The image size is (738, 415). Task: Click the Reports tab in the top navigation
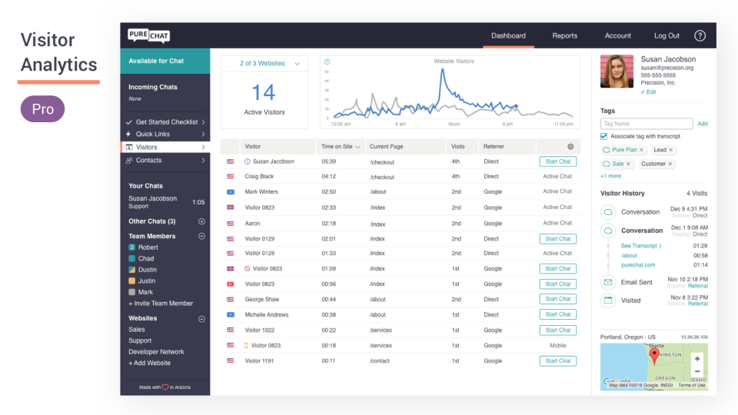point(564,35)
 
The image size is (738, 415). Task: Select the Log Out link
point(667,35)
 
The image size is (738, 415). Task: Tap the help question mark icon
point(700,35)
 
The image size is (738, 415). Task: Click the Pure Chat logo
point(148,35)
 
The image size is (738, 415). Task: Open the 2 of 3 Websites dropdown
point(264,64)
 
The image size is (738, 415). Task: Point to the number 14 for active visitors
point(264,93)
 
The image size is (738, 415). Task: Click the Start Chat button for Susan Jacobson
point(557,161)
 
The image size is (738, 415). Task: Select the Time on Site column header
point(340,147)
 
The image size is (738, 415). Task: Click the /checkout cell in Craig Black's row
point(382,177)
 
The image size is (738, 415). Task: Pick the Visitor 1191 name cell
point(259,360)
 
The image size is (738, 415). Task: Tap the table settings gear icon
point(570,147)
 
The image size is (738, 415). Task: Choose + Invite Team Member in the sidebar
point(161,304)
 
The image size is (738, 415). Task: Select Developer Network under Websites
point(156,352)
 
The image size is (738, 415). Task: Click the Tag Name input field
point(647,124)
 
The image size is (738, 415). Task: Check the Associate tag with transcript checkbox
point(604,137)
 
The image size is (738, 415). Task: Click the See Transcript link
point(640,246)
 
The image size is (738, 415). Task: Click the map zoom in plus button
point(697,359)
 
